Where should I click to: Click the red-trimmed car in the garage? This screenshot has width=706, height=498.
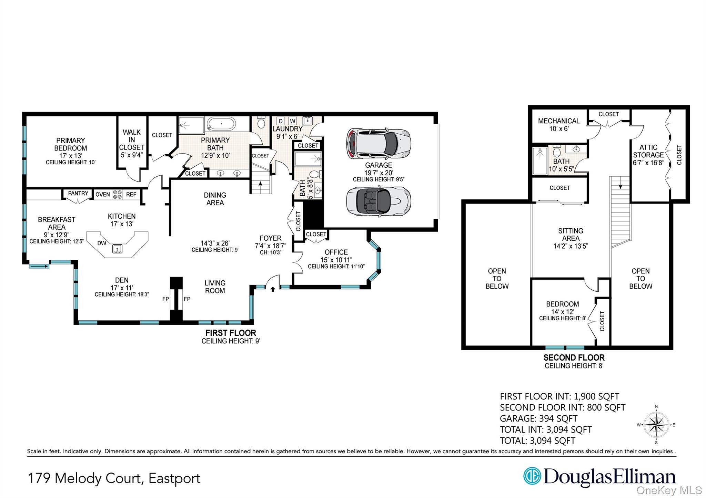[378, 144]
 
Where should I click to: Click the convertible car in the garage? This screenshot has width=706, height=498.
[378, 201]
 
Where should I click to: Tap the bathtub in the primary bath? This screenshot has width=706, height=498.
[221, 124]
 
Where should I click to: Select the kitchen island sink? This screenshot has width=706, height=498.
[117, 248]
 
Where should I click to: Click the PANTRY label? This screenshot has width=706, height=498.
[78, 194]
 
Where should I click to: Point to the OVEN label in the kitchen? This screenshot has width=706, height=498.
[102, 195]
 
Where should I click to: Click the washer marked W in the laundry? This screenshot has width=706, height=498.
[292, 121]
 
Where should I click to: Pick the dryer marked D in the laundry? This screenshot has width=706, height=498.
[281, 121]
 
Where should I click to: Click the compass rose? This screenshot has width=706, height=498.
[656, 425]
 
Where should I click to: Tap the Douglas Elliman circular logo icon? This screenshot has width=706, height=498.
[532, 476]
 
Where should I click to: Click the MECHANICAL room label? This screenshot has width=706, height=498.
[558, 121]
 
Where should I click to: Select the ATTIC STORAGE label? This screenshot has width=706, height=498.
[648, 151]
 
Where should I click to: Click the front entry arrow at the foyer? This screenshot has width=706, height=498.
[273, 289]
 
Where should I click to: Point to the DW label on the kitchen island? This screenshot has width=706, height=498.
[102, 243]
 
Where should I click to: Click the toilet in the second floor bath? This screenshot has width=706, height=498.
[557, 151]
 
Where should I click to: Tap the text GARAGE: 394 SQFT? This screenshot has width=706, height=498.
[538, 418]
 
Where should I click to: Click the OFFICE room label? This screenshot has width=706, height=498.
[336, 252]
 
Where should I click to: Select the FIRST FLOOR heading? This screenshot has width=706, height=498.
[231, 333]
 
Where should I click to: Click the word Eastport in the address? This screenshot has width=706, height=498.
[174, 478]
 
